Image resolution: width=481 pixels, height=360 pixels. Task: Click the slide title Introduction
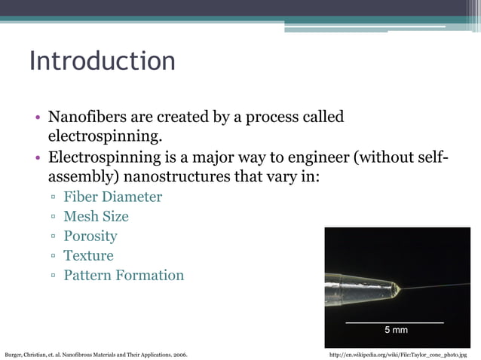[x=102, y=61]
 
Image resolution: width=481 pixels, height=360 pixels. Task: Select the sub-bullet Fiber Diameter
[x=112, y=197]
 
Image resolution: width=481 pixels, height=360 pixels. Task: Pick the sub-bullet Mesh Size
[x=96, y=216]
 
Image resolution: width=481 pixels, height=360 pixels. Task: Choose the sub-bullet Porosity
[x=90, y=236]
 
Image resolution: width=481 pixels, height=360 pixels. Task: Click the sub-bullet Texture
[x=88, y=255]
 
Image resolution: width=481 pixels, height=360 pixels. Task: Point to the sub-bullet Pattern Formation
[x=124, y=275]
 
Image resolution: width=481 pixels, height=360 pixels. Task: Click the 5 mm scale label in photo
[x=396, y=330]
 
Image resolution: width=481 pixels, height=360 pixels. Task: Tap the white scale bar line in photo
[x=394, y=322]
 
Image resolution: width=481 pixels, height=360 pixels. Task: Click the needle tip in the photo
[x=397, y=289]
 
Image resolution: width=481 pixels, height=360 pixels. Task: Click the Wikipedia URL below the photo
[x=399, y=353]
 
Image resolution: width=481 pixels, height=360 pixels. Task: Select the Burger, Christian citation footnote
[x=97, y=353]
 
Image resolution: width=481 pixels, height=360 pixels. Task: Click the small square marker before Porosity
[x=54, y=236]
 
